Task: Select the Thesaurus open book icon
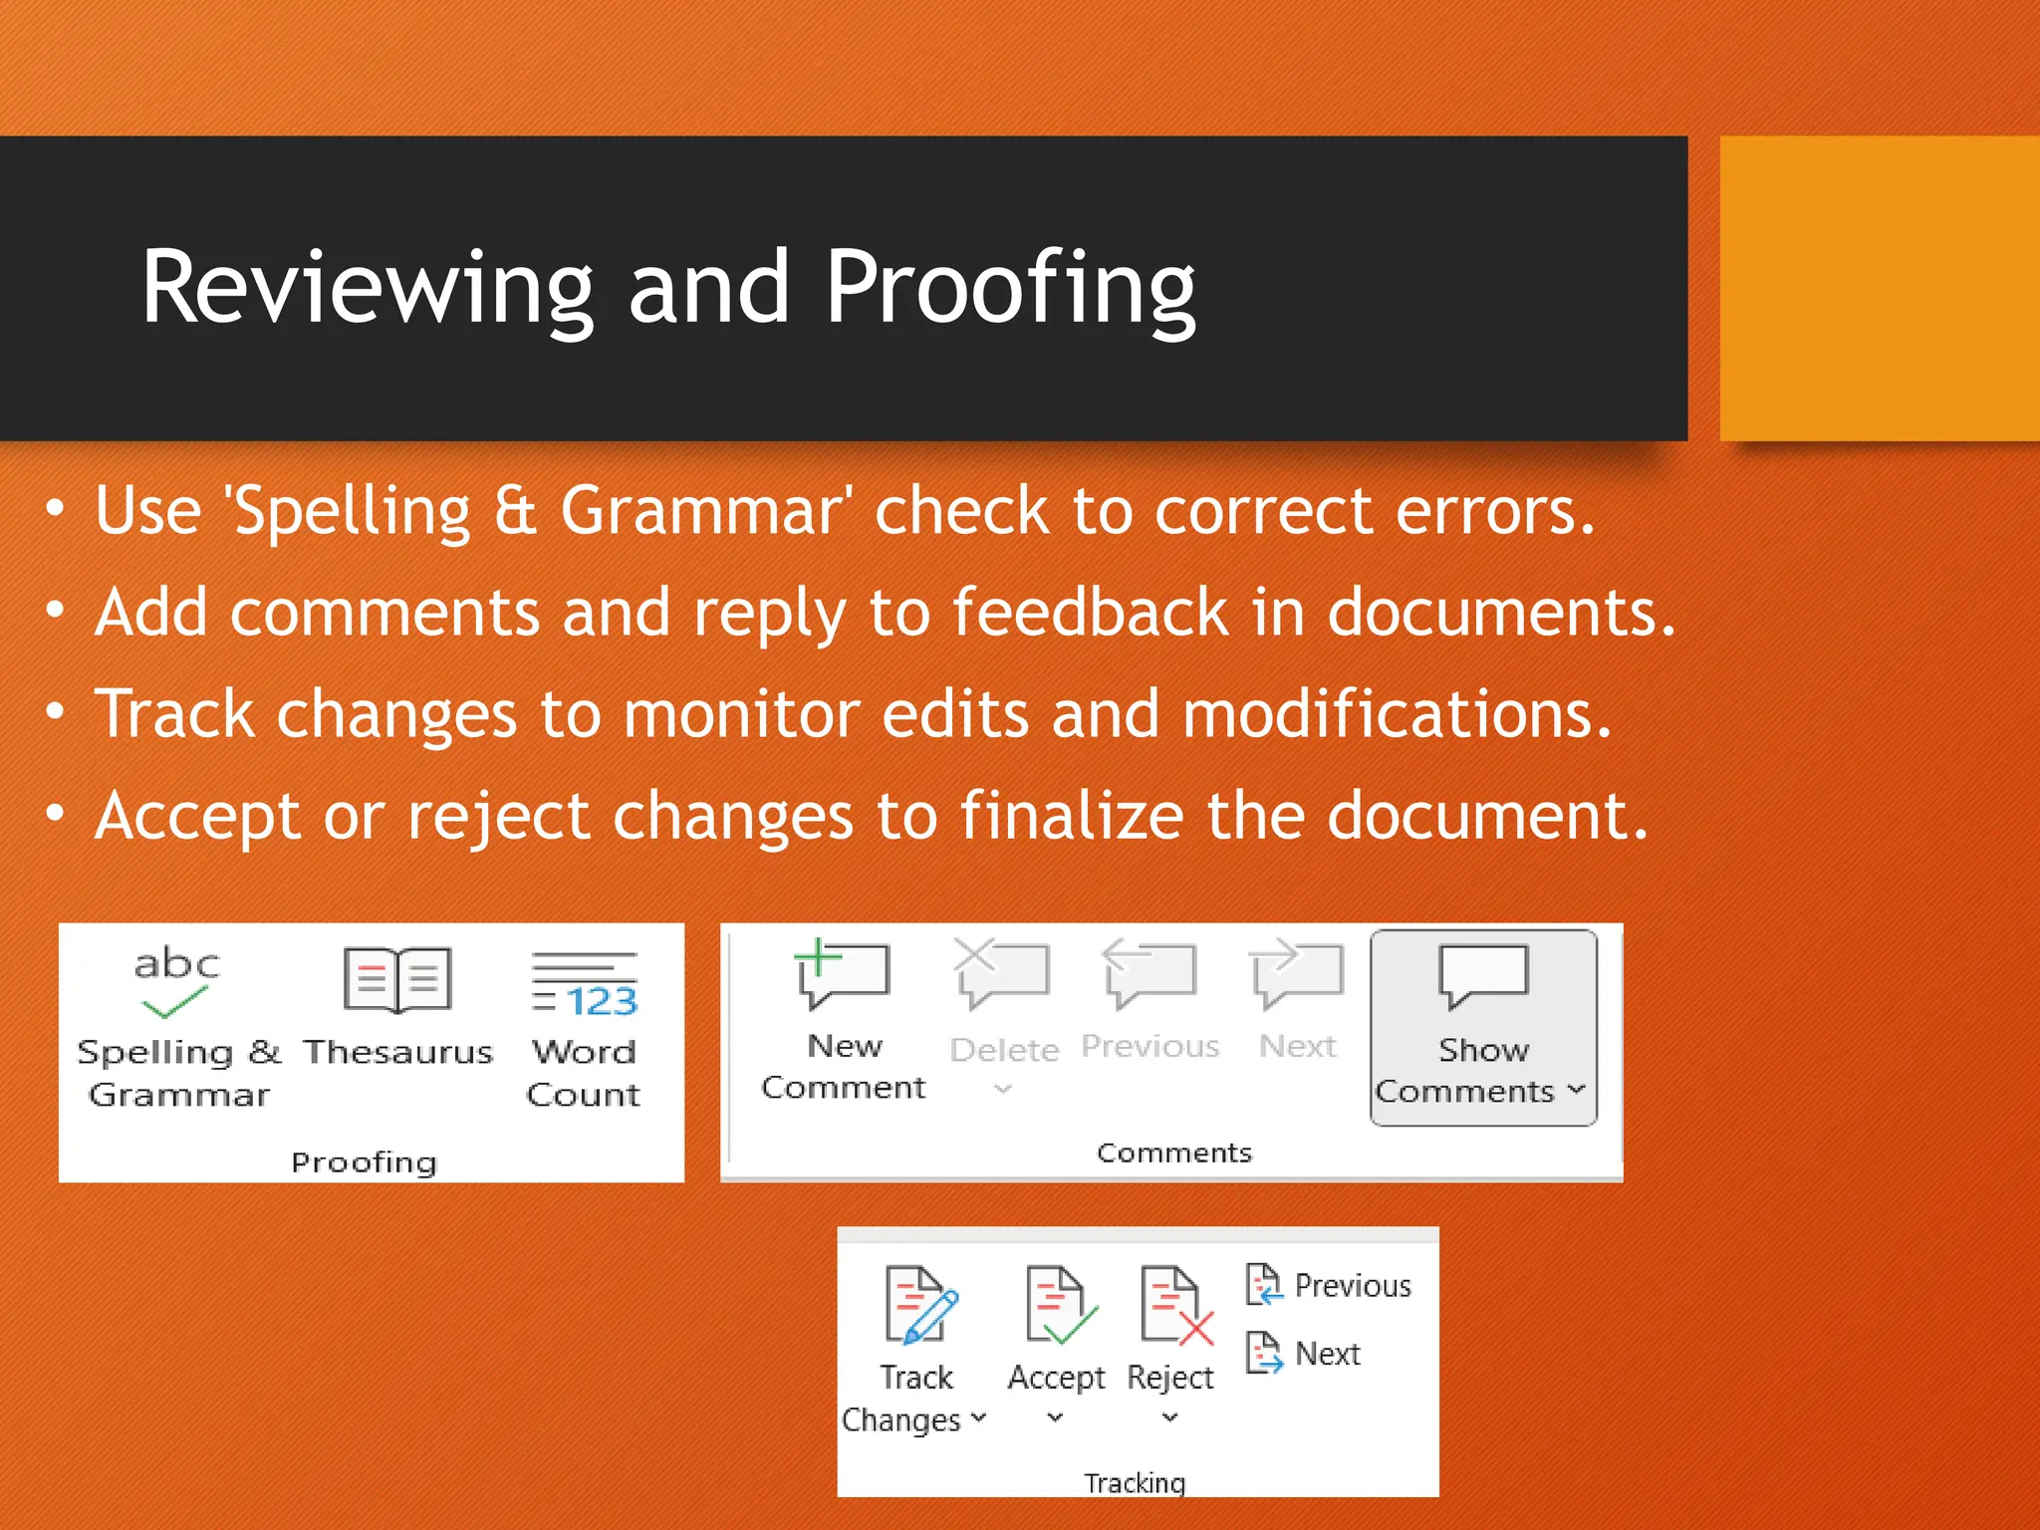(x=397, y=980)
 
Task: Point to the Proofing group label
(x=364, y=1162)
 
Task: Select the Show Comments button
(x=1482, y=1027)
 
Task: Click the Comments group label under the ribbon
(x=1173, y=1152)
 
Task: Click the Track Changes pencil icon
(x=920, y=1305)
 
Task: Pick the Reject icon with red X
(x=1175, y=1305)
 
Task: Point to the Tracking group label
(x=1135, y=1482)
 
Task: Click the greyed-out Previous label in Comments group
(x=1149, y=1046)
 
